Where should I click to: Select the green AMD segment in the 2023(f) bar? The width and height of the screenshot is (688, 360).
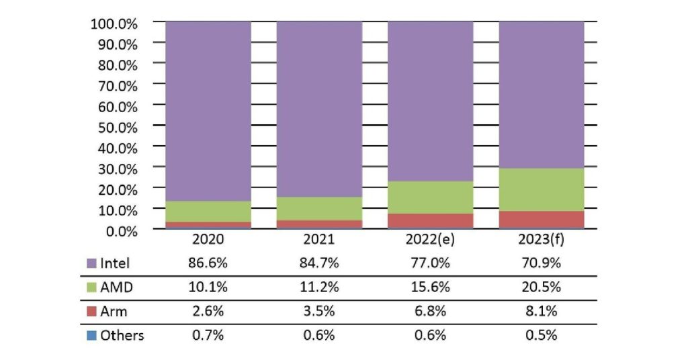pyautogui.click(x=541, y=189)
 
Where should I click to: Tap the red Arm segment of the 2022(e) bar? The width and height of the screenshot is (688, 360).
pyautogui.click(x=430, y=220)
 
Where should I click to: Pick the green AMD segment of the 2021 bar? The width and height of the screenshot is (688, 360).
pyautogui.click(x=319, y=208)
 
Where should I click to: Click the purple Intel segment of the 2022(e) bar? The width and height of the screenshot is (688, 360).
pyautogui.click(x=430, y=101)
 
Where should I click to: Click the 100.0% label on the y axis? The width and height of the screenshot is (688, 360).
pyautogui.click(x=114, y=24)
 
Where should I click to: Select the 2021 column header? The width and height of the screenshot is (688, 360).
pyautogui.click(x=319, y=240)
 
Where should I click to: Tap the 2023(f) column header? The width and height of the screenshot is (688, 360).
pyautogui.click(x=541, y=240)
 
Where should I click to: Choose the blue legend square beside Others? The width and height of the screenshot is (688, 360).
pyautogui.click(x=92, y=335)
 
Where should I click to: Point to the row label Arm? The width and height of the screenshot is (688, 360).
pyautogui.click(x=114, y=311)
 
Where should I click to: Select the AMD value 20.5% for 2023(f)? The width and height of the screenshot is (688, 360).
pyautogui.click(x=541, y=287)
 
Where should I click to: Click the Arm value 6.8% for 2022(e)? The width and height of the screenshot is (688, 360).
pyautogui.click(x=430, y=311)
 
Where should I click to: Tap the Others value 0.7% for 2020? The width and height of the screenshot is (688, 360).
pyautogui.click(x=208, y=335)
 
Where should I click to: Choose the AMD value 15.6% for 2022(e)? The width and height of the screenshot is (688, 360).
pyautogui.click(x=430, y=287)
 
